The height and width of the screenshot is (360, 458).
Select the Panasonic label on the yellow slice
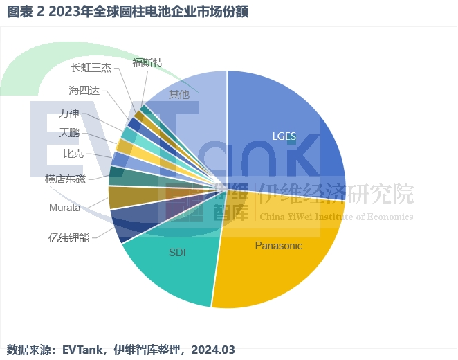(x=279, y=246)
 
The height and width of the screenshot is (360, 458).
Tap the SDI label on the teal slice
(x=177, y=252)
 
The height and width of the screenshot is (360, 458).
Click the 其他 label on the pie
(x=179, y=94)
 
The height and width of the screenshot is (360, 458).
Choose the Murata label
(x=65, y=208)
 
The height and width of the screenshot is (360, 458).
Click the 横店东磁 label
(x=65, y=179)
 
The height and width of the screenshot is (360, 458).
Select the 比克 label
(x=73, y=153)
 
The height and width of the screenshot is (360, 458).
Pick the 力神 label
(x=69, y=113)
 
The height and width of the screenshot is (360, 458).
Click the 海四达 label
(x=84, y=90)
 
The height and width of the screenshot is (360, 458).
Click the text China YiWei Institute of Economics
(x=336, y=217)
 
